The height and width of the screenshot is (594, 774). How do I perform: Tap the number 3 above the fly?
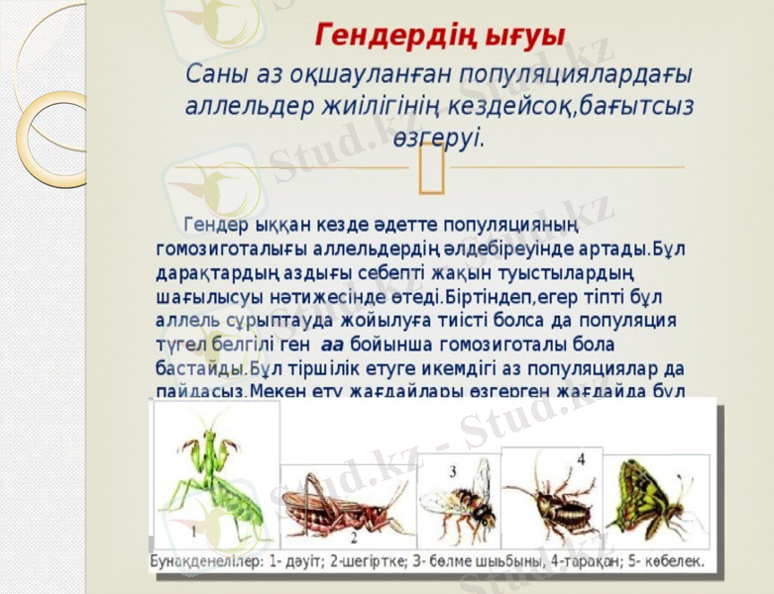point(452,471)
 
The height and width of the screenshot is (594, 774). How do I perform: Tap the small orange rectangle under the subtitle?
point(430,167)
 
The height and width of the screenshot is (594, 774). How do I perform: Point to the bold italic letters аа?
point(332,345)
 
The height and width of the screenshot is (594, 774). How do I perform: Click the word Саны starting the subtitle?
point(213,76)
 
